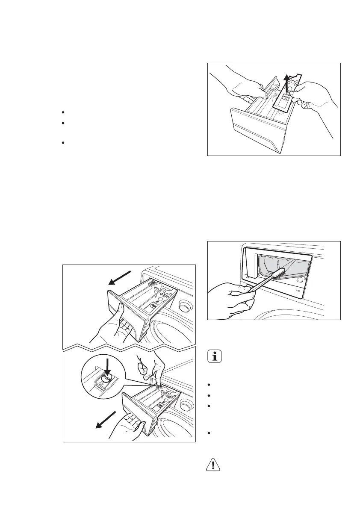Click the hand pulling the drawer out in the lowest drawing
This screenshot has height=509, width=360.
coord(128,427)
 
